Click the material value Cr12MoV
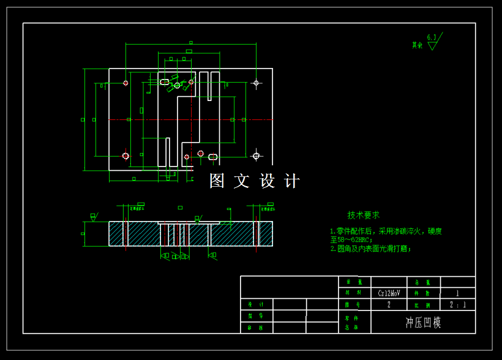click(389, 293)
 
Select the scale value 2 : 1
click(457, 304)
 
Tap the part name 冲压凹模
click(423, 323)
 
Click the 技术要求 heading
click(364, 215)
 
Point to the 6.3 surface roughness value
click(432, 37)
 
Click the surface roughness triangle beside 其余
click(432, 45)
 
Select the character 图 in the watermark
click(217, 181)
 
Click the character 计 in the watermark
click(292, 181)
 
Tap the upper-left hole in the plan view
click(125, 83)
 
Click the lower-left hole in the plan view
click(125, 156)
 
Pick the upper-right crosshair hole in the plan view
click(256, 83)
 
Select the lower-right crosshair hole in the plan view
click(256, 156)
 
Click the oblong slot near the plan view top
click(164, 82)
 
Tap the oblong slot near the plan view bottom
click(212, 157)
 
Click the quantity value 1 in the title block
click(457, 293)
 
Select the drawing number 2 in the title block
click(389, 304)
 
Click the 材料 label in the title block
click(349, 293)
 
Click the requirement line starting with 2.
click(371, 249)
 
